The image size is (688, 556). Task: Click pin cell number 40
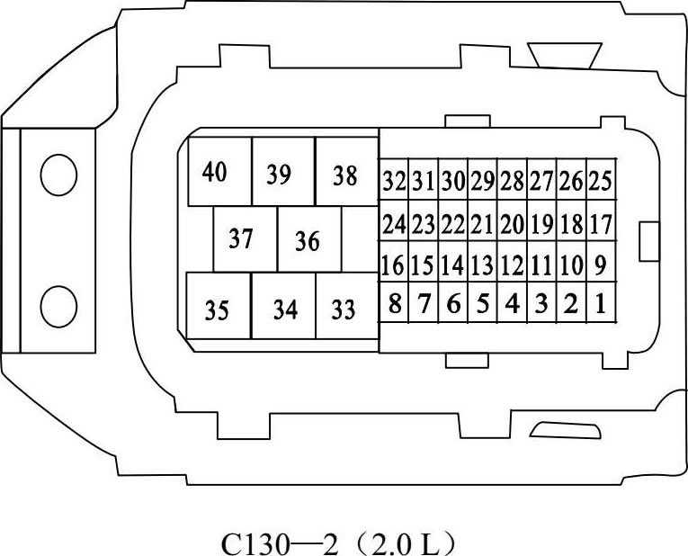pyautogui.click(x=219, y=171)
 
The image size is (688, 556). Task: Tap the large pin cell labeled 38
pyautogui.click(x=346, y=174)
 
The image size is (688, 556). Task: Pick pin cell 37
pyautogui.click(x=244, y=239)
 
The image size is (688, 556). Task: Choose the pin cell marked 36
pyautogui.click(x=308, y=240)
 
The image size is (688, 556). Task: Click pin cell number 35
pyautogui.click(x=218, y=309)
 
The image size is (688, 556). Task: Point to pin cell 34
pyautogui.click(x=284, y=309)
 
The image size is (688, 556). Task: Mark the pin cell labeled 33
pyautogui.click(x=345, y=309)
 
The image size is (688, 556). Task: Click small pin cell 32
pyautogui.click(x=394, y=181)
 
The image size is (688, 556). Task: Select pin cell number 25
pyautogui.click(x=601, y=181)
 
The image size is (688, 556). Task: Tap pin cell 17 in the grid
pyautogui.click(x=601, y=224)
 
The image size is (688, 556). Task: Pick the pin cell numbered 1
pyautogui.click(x=601, y=304)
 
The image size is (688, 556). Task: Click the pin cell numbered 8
pyautogui.click(x=394, y=304)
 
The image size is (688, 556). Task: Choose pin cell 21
pyautogui.click(x=483, y=224)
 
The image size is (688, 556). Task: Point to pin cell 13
pyautogui.click(x=483, y=265)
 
